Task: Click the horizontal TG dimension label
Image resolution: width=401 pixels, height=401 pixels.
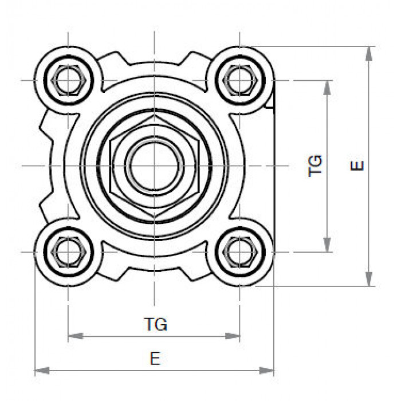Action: tap(156, 324)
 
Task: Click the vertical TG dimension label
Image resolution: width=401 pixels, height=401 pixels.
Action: tap(315, 166)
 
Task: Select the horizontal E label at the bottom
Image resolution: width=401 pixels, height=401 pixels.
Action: tap(155, 359)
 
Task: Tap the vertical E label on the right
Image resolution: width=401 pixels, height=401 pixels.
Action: tap(357, 166)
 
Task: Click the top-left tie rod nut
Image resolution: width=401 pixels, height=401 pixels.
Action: tap(68, 80)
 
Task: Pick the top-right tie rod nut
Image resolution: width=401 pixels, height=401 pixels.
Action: tap(239, 80)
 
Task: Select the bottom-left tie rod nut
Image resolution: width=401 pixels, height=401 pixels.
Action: tap(68, 252)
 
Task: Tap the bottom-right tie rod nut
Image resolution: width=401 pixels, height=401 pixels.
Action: tap(239, 252)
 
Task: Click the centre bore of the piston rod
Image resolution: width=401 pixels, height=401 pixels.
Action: tap(154, 166)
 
